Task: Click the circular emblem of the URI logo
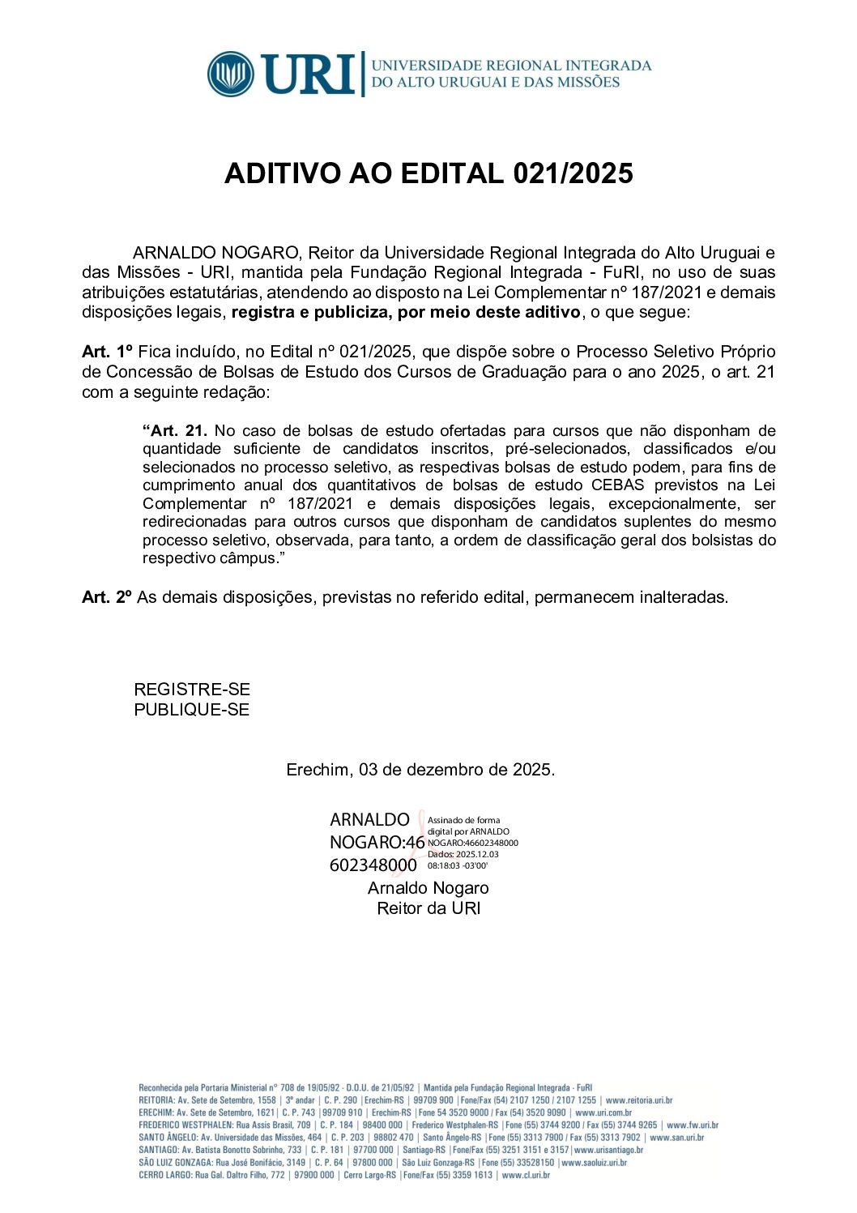[231, 74]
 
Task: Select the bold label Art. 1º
[107, 352]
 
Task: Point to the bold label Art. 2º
[107, 597]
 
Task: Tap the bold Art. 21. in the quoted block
[175, 431]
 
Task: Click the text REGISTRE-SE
[192, 690]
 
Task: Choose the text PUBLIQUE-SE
[192, 710]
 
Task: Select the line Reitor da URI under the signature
[428, 908]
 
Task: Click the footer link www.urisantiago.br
[608, 1150]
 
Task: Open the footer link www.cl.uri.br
[526, 1175]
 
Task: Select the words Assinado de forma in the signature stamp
[464, 820]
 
